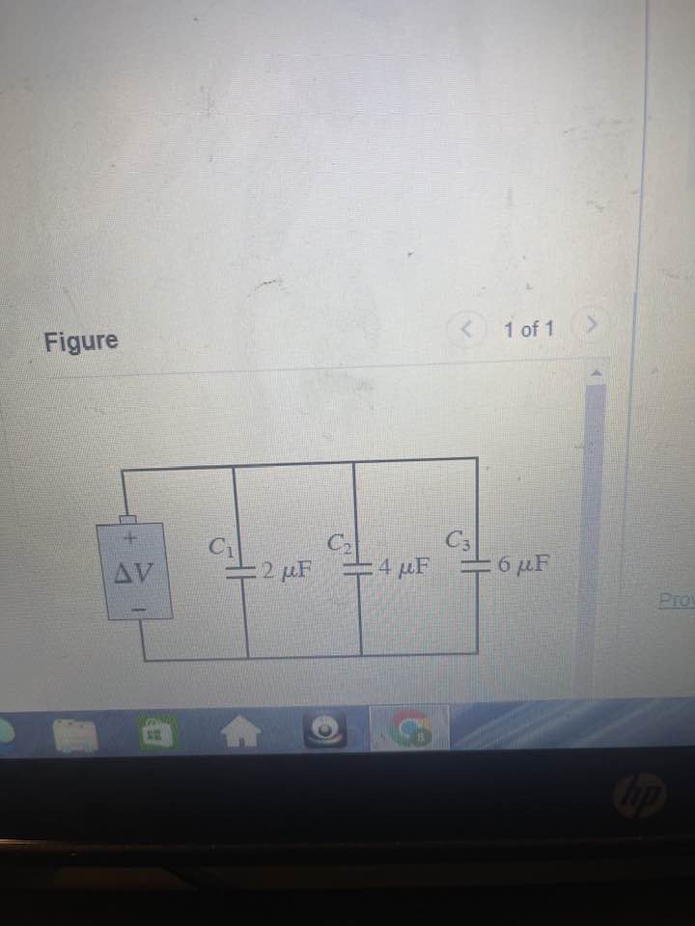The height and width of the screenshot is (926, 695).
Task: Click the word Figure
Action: point(81,341)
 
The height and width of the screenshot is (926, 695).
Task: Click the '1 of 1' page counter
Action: point(529,330)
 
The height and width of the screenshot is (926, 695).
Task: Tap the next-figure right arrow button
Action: point(586,326)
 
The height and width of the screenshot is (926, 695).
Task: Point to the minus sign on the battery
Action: point(137,610)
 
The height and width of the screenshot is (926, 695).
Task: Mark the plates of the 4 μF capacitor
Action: point(360,566)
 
